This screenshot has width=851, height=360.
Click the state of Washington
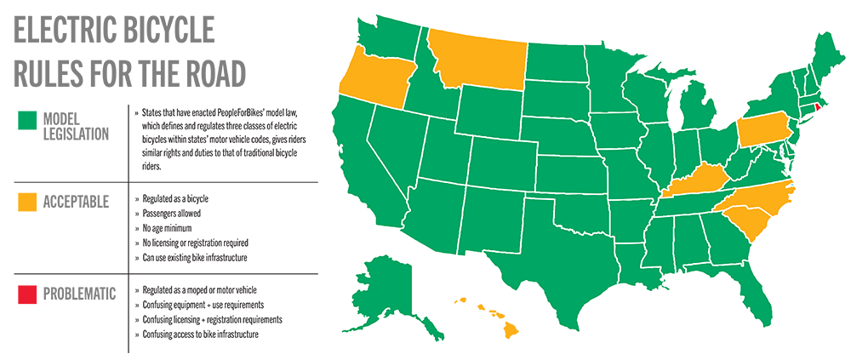pyautogui.click(x=387, y=38)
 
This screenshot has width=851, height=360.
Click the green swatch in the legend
pyautogui.click(x=28, y=126)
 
